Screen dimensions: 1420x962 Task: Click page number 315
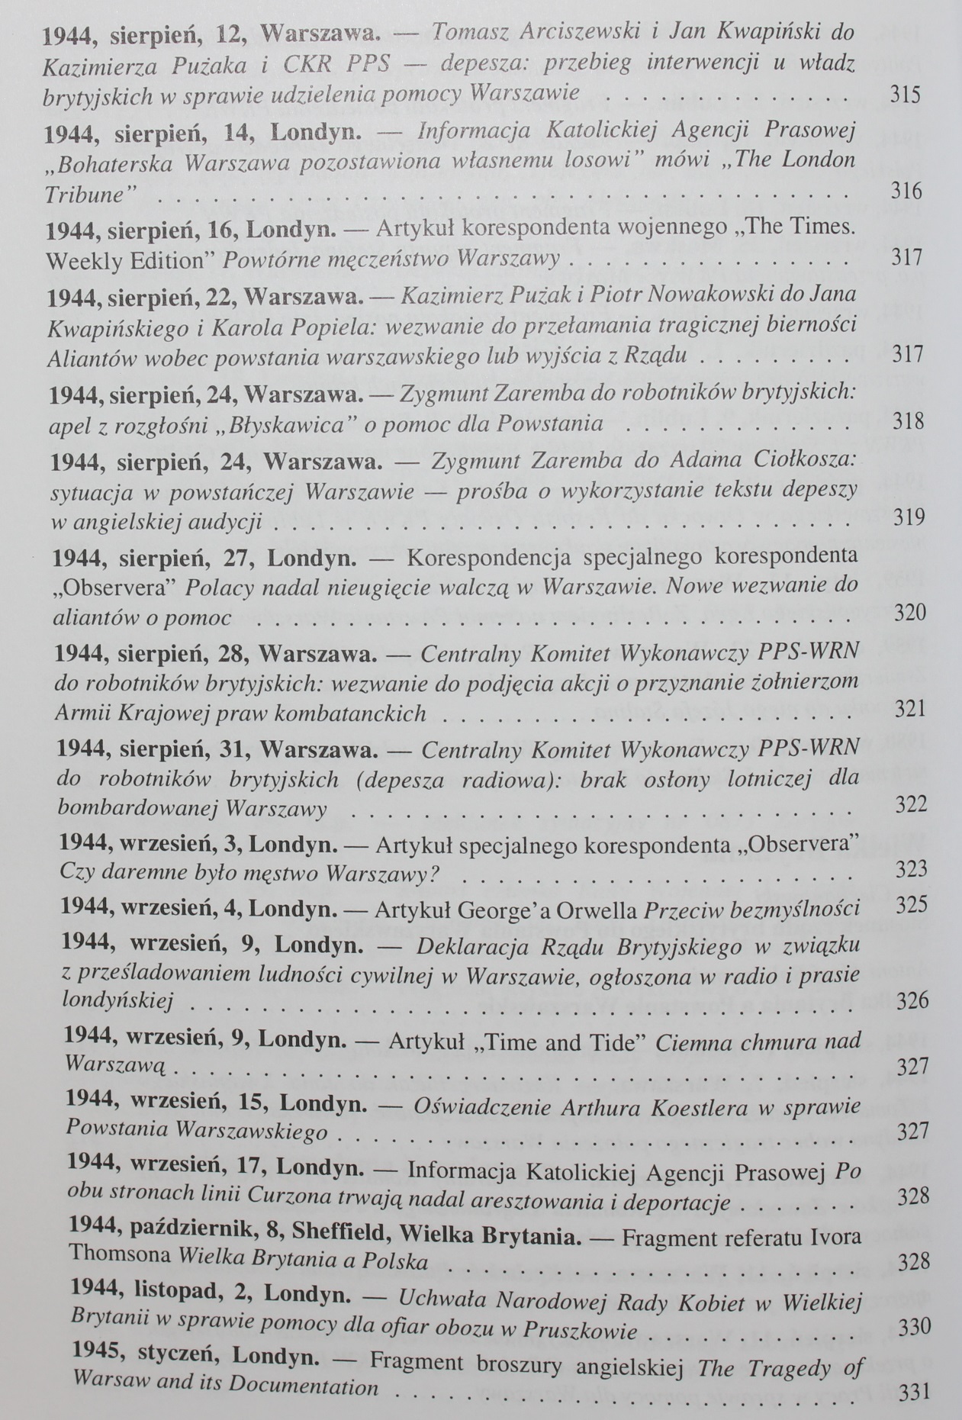906,94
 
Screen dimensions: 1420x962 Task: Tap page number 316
906,190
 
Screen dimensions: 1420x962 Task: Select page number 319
909,517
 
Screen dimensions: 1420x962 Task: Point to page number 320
909,613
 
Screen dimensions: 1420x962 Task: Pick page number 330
915,1328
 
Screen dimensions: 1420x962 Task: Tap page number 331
915,1391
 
